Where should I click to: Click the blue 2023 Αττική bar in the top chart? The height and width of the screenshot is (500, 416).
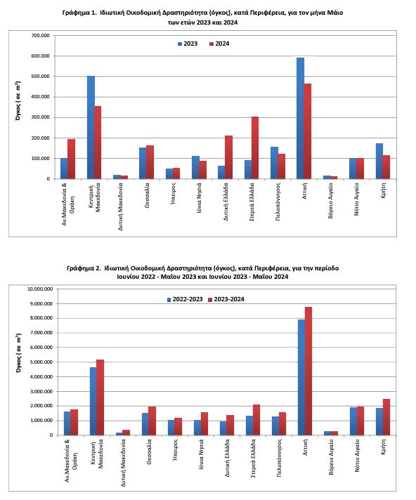(300, 118)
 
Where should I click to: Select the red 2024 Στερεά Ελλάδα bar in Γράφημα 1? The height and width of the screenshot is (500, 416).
(255, 147)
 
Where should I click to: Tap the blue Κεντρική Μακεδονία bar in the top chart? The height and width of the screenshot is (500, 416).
(91, 127)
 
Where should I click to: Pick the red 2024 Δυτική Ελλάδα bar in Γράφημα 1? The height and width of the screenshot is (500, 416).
(229, 157)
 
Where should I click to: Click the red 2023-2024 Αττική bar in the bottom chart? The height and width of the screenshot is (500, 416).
(308, 371)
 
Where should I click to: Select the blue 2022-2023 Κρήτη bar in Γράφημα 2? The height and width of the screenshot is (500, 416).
(379, 421)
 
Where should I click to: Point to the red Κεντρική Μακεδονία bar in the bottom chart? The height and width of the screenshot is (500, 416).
(100, 397)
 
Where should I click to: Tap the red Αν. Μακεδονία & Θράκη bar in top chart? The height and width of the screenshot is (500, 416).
(71, 159)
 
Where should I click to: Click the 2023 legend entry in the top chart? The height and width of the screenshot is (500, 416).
(188, 44)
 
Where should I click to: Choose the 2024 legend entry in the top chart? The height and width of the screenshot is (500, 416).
(219, 44)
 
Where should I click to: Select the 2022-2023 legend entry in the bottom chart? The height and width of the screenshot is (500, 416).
(185, 299)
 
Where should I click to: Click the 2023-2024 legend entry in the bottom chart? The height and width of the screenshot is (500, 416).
(226, 299)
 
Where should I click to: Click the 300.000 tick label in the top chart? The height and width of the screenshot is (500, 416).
(41, 117)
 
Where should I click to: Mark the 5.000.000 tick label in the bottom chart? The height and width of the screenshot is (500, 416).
(41, 362)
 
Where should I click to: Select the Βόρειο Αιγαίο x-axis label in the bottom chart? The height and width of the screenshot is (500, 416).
(331, 457)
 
